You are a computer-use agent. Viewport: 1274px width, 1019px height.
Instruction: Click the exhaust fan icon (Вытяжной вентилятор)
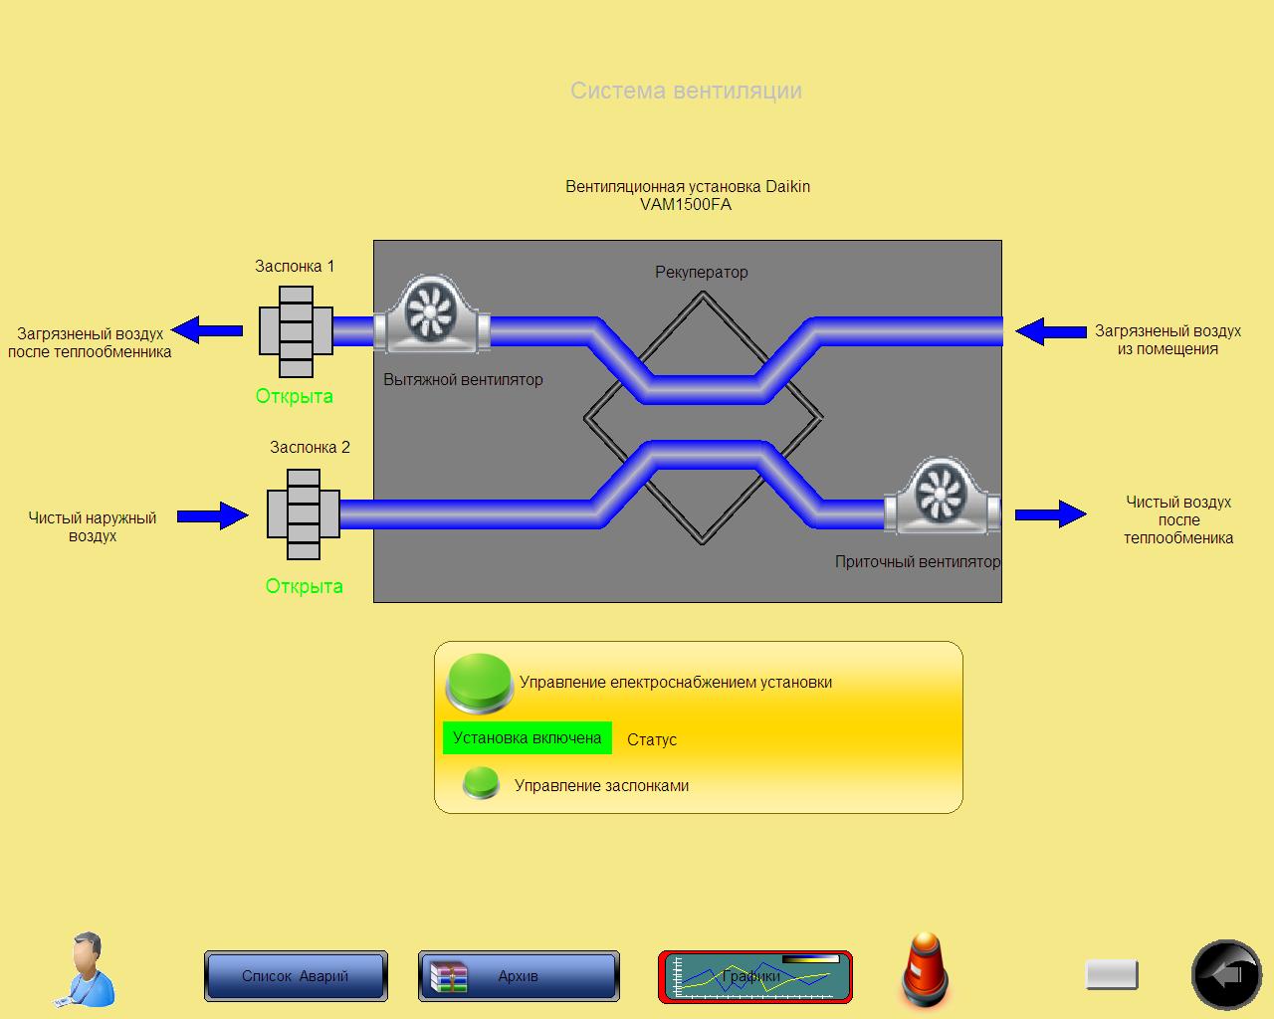coord(430,314)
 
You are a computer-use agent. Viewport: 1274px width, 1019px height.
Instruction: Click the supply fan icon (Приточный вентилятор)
coord(940,496)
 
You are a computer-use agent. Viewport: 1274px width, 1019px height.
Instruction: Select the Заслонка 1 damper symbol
coord(296,331)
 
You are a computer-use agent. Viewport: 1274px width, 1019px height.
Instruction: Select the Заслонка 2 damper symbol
coord(304,514)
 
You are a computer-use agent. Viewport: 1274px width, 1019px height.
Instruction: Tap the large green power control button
coord(479,682)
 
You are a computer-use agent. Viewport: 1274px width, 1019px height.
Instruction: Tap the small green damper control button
coord(481,783)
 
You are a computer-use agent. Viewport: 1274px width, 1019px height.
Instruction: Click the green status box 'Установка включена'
coord(527,738)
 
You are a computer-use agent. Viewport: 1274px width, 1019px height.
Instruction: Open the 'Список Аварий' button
coord(296,976)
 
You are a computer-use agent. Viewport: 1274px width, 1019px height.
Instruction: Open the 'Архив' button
coord(519,976)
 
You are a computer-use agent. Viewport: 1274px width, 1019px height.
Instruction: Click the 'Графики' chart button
coord(755,976)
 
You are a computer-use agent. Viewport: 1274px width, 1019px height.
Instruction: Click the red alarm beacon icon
coord(926,969)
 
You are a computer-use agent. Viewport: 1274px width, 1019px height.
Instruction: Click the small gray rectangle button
coord(1111,974)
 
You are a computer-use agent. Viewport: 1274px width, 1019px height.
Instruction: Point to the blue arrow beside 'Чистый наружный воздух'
coord(213,515)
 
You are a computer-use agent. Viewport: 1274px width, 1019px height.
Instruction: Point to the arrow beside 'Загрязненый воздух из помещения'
coord(1050,331)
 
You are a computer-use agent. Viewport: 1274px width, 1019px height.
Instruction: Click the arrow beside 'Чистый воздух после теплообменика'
coord(1050,513)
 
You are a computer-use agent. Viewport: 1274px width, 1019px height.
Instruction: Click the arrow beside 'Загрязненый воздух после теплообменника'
coord(208,329)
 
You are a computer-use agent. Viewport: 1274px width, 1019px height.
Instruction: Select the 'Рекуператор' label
coord(701,272)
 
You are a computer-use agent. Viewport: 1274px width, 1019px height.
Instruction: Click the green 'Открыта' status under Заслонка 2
coord(304,586)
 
